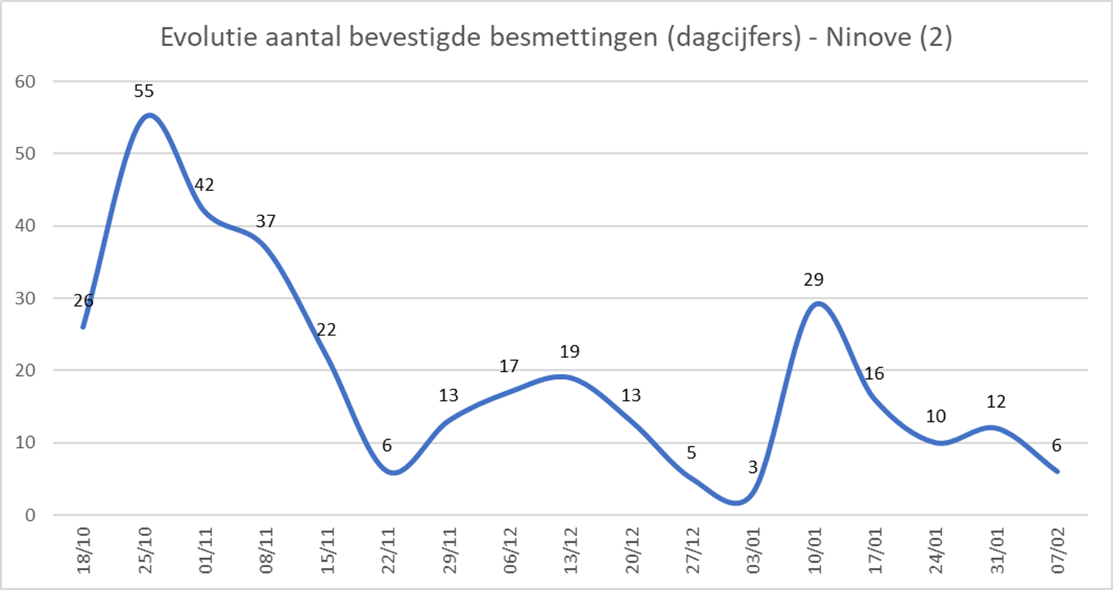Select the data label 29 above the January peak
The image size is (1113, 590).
pyautogui.click(x=814, y=280)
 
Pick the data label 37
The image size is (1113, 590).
pyautogui.click(x=266, y=221)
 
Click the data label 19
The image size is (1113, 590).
pyautogui.click(x=569, y=352)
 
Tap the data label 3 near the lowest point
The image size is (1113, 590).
pyautogui.click(x=753, y=468)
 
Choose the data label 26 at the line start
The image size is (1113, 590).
pyautogui.click(x=84, y=301)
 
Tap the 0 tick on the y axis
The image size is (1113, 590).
pyautogui.click(x=30, y=515)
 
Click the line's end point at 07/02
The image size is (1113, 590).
pyautogui.click(x=1057, y=472)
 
